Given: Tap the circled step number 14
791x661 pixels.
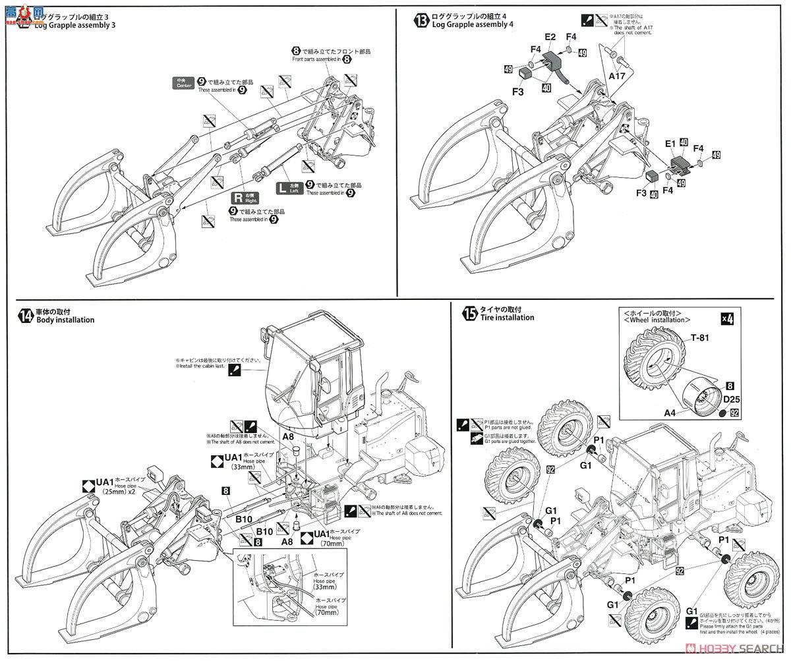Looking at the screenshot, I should [25, 316].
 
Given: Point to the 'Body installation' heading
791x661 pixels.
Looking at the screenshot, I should [65, 320].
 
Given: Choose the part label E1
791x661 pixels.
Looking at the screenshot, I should [670, 142].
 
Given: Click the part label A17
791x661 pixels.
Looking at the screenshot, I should [617, 76].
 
